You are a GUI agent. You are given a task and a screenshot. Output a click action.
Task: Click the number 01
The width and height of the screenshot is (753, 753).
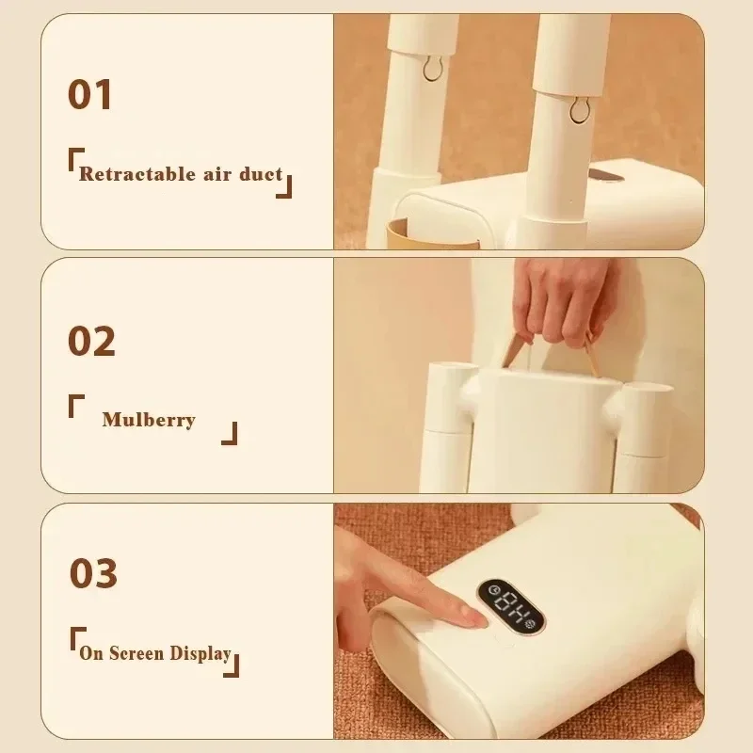coord(90,95)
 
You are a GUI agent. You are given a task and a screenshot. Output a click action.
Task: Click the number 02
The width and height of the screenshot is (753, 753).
coord(91,341)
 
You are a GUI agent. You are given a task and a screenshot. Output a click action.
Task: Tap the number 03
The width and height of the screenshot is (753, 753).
coord(93,572)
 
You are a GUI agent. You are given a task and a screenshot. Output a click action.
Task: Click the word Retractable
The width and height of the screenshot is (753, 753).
coord(126,174)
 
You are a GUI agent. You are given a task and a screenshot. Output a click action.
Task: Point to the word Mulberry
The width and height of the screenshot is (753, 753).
coord(148,420)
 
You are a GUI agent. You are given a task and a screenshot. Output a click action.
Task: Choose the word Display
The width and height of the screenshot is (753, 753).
coord(200,653)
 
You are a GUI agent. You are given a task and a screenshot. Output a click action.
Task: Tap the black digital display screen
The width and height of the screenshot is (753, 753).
coord(510,607)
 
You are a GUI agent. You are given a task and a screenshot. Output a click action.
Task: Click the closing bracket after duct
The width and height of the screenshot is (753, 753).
coord(284,187)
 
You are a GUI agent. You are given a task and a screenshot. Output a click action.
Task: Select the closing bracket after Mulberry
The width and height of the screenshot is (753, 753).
coord(229,434)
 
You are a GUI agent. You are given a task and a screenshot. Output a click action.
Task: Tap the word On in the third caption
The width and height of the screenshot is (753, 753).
coord(91,653)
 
